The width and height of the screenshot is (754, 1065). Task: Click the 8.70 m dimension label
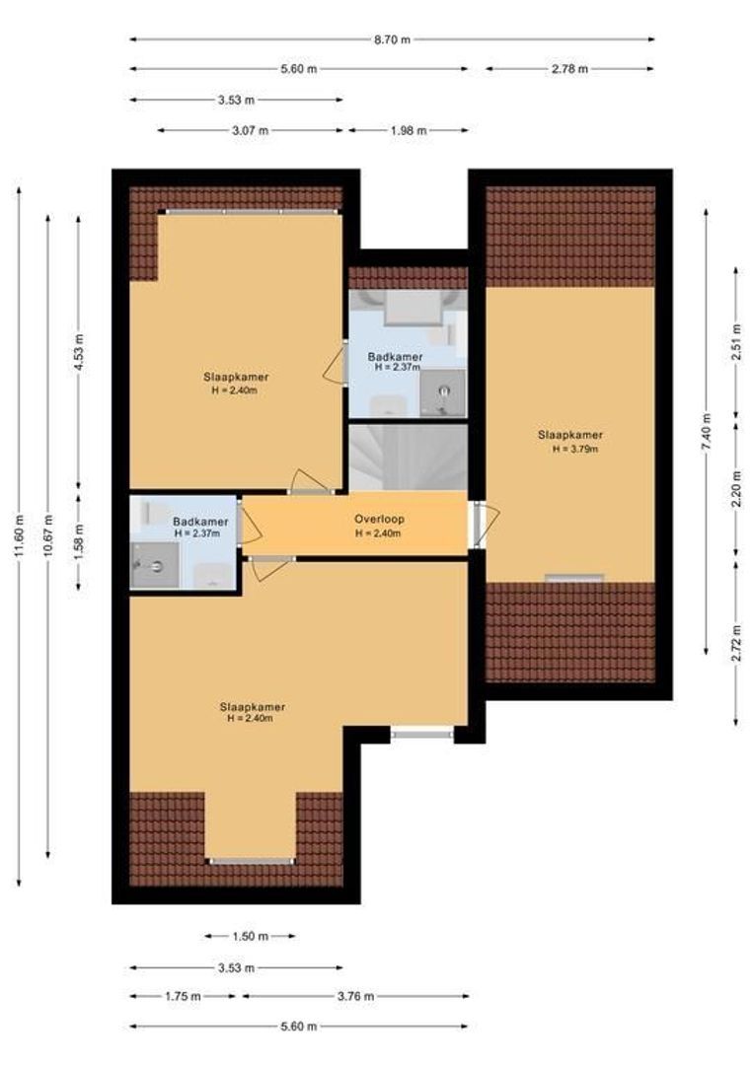tap(392, 39)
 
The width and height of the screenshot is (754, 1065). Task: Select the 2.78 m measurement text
tap(569, 69)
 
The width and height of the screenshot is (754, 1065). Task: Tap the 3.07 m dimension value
tap(251, 130)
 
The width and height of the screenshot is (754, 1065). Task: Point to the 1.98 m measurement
tap(408, 130)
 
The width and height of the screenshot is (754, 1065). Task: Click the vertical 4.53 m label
tap(80, 350)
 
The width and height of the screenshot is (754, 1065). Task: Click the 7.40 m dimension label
tap(706, 431)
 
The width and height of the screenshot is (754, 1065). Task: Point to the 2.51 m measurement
tap(736, 341)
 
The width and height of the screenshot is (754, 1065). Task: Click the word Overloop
tap(380, 520)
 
